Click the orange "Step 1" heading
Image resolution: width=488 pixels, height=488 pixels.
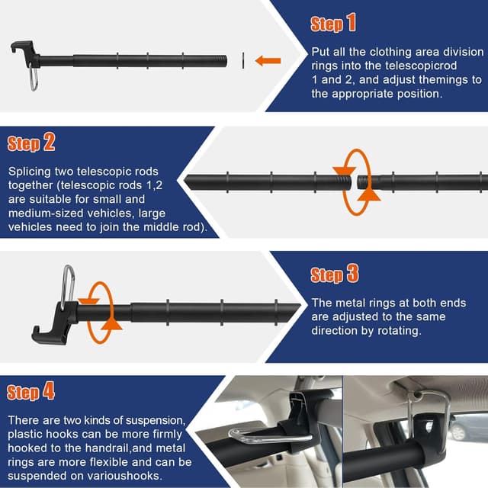tap(333, 24)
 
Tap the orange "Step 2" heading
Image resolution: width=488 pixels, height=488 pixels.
tap(31, 143)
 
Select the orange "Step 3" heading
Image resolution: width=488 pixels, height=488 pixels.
tap(335, 274)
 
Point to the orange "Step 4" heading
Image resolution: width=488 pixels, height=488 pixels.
tap(31, 393)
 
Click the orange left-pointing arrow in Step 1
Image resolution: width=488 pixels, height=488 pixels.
tap(268, 60)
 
